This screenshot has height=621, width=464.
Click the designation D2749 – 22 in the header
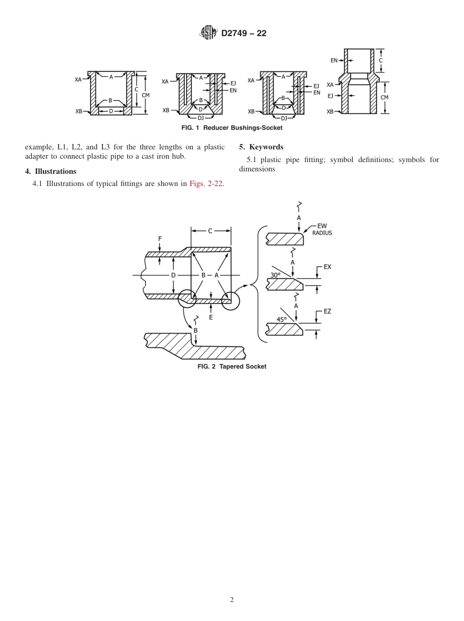pyautogui.click(x=244, y=34)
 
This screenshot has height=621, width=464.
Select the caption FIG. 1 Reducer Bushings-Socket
pyautogui.click(x=232, y=128)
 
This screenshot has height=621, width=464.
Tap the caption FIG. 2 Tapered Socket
pyautogui.click(x=232, y=367)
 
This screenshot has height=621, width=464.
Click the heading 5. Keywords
pyautogui.click(x=261, y=147)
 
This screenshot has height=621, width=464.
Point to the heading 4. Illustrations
pyautogui.click(x=51, y=171)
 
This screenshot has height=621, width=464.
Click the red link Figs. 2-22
pyautogui.click(x=207, y=184)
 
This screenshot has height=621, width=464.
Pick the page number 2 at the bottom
pyautogui.click(x=232, y=600)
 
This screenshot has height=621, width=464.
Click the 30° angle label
pyautogui.click(x=275, y=275)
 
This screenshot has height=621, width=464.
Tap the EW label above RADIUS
pyautogui.click(x=322, y=226)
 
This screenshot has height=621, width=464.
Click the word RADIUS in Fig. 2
pyautogui.click(x=322, y=233)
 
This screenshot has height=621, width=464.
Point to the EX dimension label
pyautogui.click(x=327, y=267)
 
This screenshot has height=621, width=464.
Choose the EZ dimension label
pyautogui.click(x=327, y=311)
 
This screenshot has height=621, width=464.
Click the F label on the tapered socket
pyautogui.click(x=160, y=238)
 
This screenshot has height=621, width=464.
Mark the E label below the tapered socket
pyautogui.click(x=211, y=317)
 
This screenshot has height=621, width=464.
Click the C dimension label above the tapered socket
pyautogui.click(x=211, y=231)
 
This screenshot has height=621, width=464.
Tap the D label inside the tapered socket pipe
pyautogui.click(x=173, y=275)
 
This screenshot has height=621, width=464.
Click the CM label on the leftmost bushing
pyautogui.click(x=145, y=95)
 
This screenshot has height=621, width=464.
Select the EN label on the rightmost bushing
pyautogui.click(x=334, y=61)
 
